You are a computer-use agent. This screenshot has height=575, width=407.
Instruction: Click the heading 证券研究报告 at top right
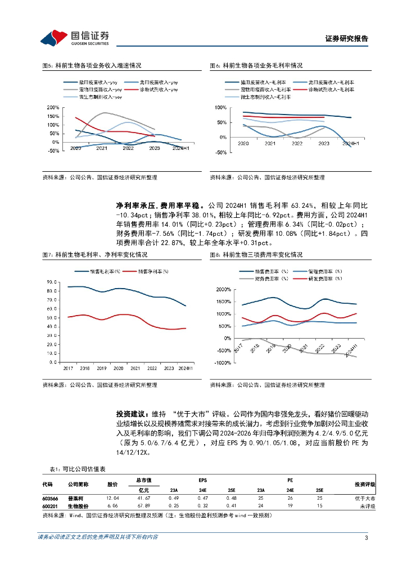[x=347, y=39]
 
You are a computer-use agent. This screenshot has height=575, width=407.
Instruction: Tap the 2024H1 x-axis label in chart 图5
[x=181, y=148]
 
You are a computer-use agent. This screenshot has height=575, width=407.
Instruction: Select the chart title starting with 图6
[x=256, y=66]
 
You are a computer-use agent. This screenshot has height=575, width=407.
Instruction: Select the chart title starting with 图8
[x=256, y=254]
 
